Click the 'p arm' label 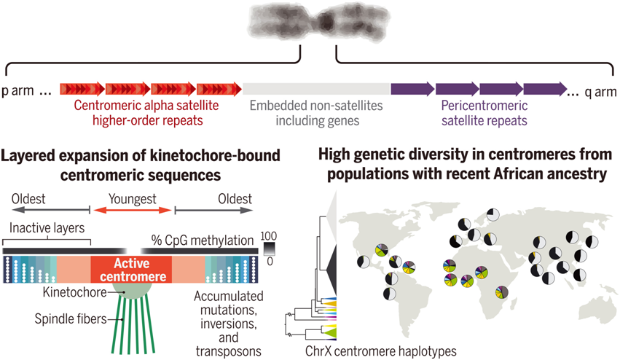point(17,91)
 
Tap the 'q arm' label point(600,92)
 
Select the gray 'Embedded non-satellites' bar point(316,89)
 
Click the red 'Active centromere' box point(131,270)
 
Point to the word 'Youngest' point(133,199)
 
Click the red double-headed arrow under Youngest point(133,210)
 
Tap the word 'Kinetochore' point(75,292)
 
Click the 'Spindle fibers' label point(71,319)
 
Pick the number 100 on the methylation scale point(269,236)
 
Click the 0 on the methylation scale point(270,261)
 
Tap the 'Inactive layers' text point(47,228)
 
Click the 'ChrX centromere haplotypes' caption point(381,351)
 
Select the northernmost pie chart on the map point(493,215)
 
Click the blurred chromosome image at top point(318,22)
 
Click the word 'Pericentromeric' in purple point(484,106)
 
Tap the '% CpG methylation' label point(203,240)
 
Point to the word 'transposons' point(229,351)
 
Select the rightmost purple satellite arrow point(545,89)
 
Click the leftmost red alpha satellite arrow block point(82,89)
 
